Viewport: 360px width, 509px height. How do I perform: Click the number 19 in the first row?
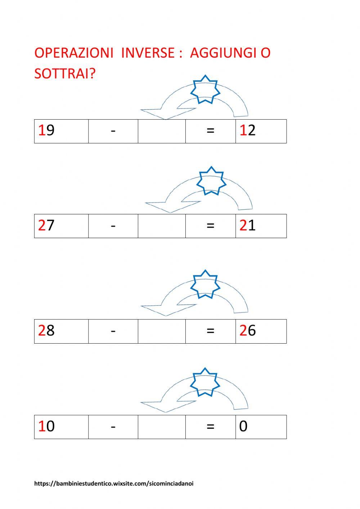[x=46, y=130]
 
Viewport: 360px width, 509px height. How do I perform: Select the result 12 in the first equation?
[x=248, y=130]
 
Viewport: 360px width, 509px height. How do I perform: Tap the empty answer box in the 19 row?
[x=162, y=131]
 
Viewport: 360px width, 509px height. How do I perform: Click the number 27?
[x=46, y=226]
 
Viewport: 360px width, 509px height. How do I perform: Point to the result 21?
[x=248, y=226]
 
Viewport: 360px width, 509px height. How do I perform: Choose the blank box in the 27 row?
[x=162, y=226]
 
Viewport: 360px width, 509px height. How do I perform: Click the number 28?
[x=46, y=330]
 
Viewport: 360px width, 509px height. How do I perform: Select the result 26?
[x=248, y=330]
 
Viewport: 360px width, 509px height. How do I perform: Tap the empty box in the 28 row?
[x=162, y=331]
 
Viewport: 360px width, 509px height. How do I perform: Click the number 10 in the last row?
[x=46, y=426]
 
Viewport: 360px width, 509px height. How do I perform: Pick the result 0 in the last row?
[x=243, y=426]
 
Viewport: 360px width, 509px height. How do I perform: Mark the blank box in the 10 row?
[x=162, y=427]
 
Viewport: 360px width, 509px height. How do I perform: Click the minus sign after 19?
[x=113, y=131]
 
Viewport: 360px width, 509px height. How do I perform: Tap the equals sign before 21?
[x=211, y=226]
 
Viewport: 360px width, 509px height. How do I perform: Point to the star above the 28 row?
[x=205, y=284]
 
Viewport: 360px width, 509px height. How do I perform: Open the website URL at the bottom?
[x=114, y=484]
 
